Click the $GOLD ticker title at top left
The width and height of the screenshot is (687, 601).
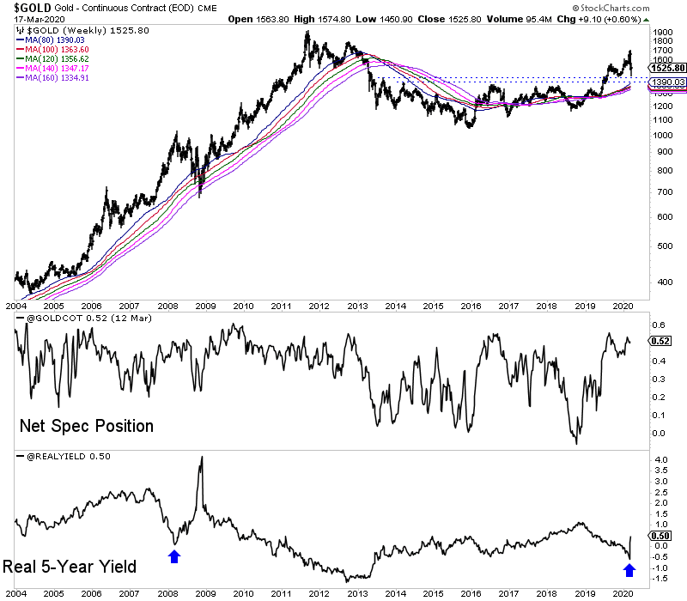point(26,7)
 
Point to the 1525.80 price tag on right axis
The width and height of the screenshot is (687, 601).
point(667,67)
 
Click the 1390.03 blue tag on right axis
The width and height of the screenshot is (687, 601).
point(667,82)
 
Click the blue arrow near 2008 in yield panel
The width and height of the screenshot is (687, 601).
point(175,555)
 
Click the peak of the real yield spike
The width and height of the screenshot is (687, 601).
point(201,458)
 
